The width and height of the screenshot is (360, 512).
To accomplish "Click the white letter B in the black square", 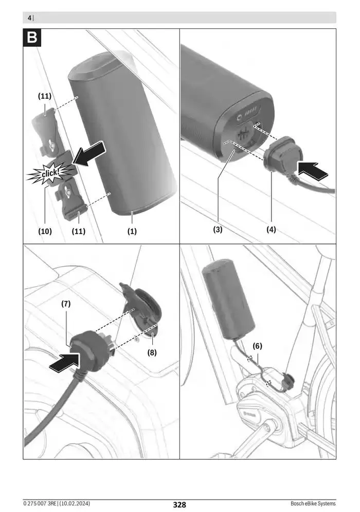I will [32, 38].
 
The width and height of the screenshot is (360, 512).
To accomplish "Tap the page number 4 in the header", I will [29, 18].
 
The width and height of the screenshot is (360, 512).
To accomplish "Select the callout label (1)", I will [132, 231].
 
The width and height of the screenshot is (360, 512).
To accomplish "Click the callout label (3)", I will [218, 229].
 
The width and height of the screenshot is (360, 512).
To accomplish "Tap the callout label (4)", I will [271, 229].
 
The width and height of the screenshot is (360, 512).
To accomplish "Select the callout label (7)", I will [66, 304].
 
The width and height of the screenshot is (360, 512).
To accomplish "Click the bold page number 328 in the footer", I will [179, 504].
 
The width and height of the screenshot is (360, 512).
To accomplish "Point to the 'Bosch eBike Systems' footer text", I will [313, 503].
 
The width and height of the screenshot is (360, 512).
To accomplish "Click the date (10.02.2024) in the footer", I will [77, 503].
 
